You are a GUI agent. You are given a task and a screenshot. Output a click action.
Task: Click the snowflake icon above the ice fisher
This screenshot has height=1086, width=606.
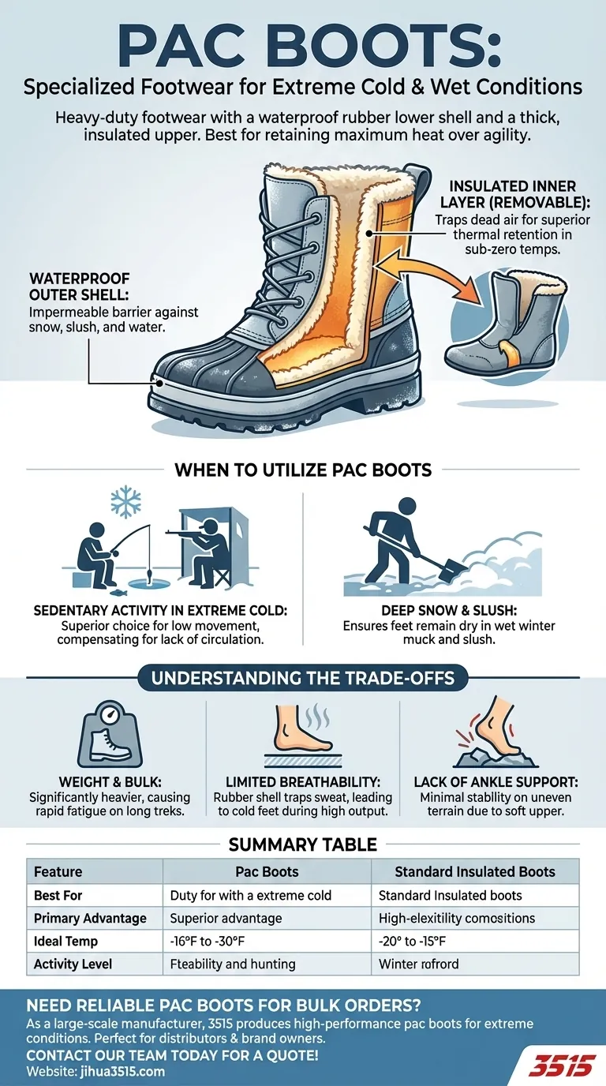point(124,503)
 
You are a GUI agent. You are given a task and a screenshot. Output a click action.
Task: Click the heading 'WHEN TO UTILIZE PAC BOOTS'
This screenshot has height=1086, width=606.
point(303,470)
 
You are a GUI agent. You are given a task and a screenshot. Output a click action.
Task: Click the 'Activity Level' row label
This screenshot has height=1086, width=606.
point(73,964)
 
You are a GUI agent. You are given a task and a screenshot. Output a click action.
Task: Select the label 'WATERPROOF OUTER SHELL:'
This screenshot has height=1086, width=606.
point(79,289)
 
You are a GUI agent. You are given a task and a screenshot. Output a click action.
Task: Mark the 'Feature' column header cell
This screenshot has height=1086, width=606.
point(58,872)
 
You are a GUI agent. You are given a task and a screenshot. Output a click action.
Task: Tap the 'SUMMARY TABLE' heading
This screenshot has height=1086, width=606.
point(303,844)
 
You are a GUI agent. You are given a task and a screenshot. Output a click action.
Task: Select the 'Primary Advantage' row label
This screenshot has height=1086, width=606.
point(91,919)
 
